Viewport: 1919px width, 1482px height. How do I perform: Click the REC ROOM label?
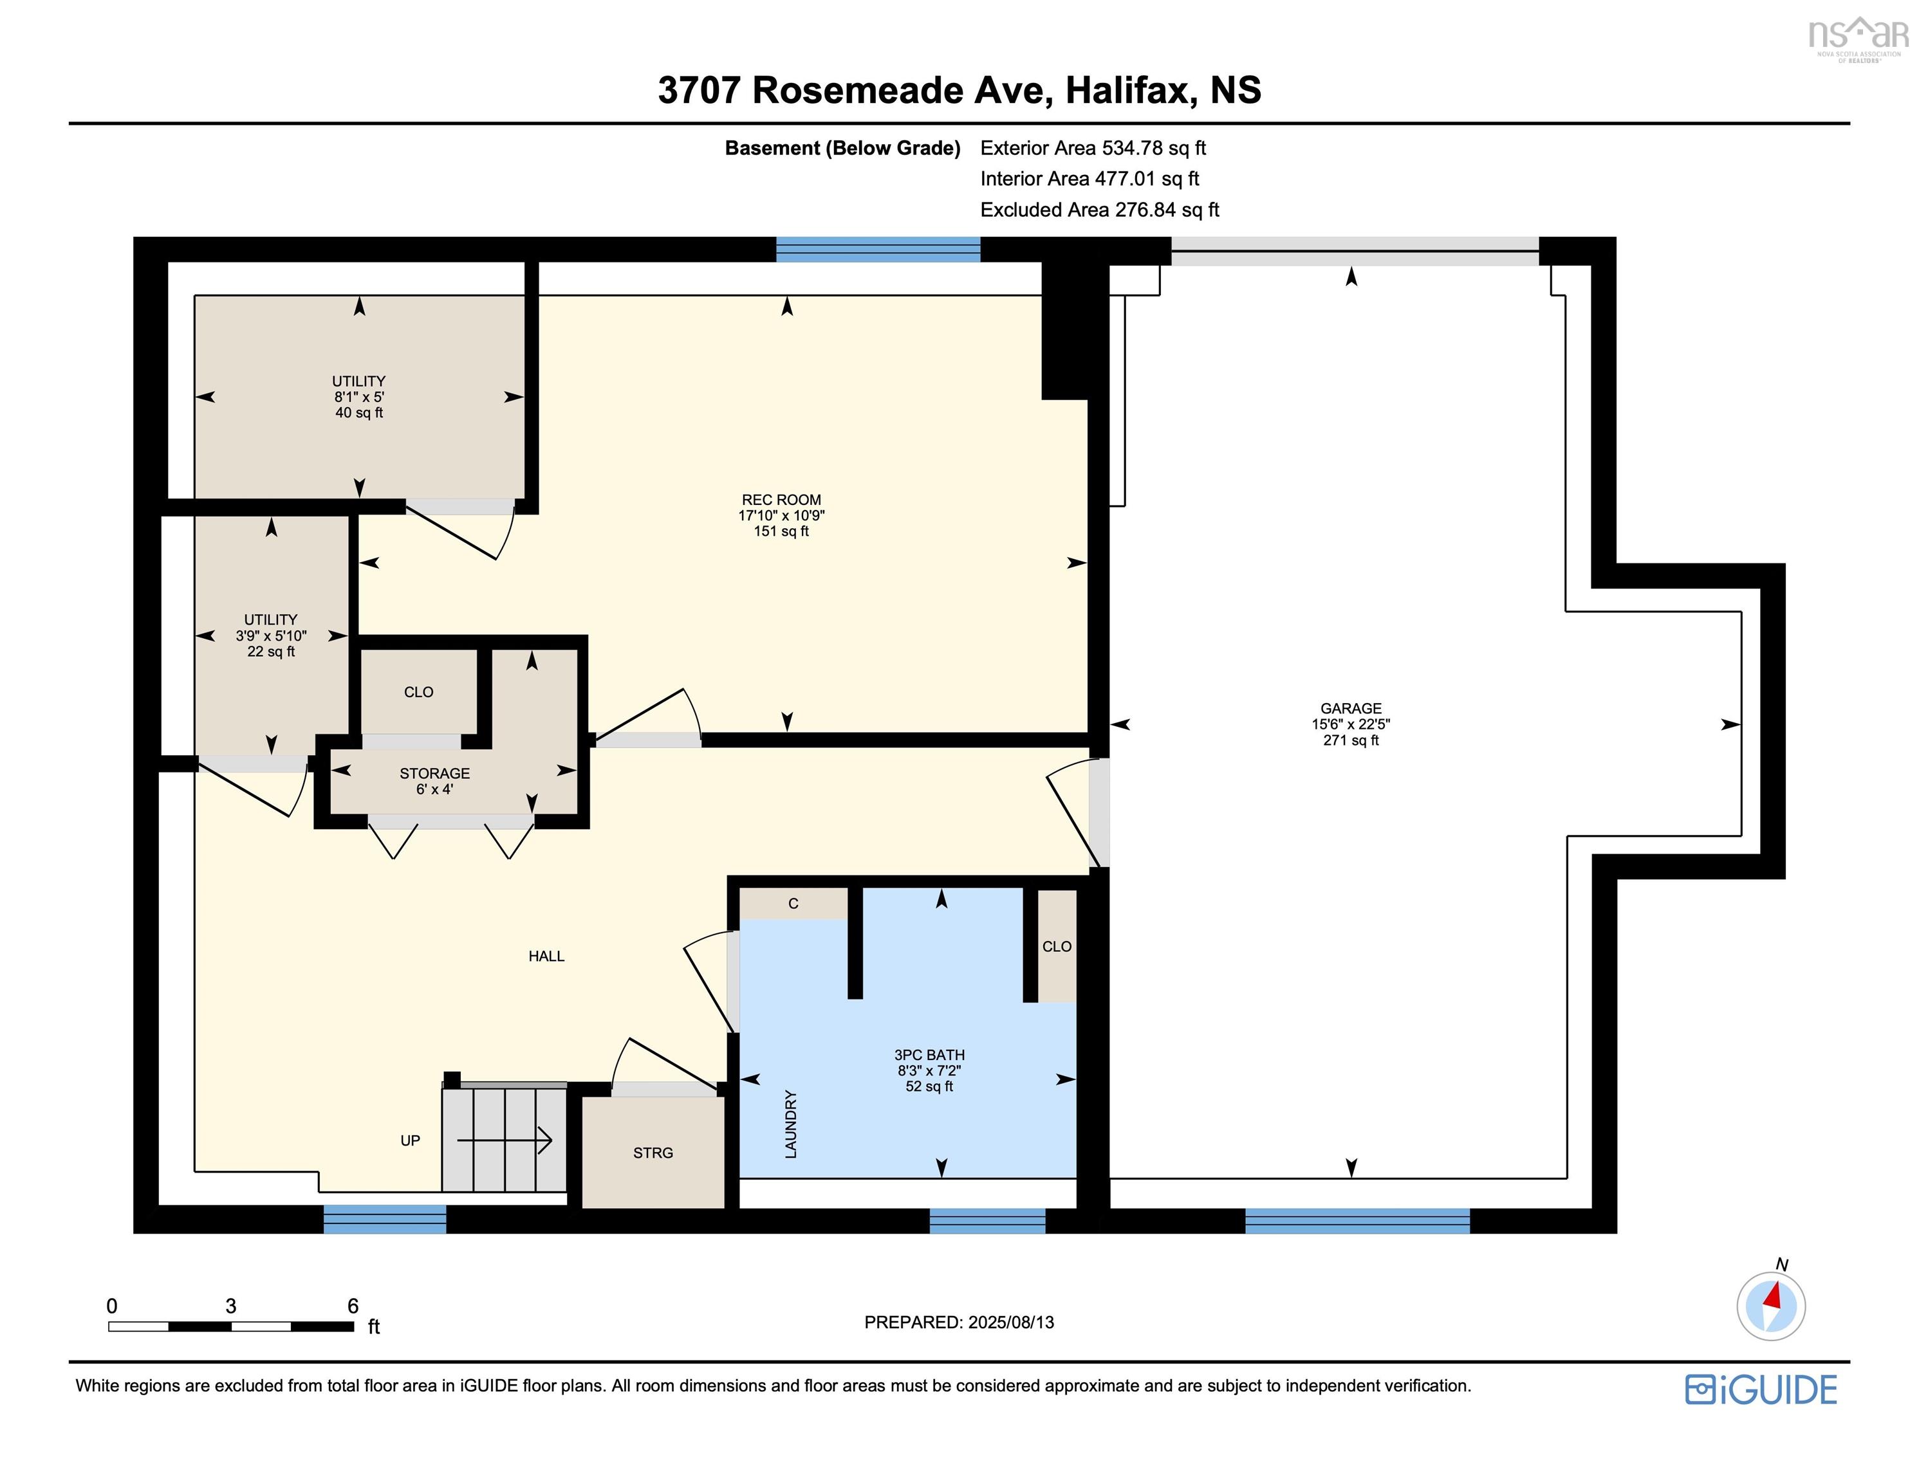[x=781, y=500]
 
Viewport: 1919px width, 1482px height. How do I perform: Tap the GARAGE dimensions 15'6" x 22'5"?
[x=1351, y=724]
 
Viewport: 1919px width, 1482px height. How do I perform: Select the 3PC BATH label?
[x=929, y=1054]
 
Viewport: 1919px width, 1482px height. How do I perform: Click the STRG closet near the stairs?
[x=653, y=1153]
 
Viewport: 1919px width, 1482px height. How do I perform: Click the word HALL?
[x=546, y=956]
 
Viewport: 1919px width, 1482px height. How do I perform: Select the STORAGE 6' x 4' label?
[x=434, y=781]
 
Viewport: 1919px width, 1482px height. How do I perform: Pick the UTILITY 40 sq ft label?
[x=358, y=396]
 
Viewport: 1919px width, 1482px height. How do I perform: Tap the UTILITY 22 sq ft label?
[x=271, y=635]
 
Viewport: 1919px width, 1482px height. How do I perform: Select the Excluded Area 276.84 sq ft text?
[x=1099, y=210]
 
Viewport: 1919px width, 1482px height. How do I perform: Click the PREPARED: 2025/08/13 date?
[x=959, y=1322]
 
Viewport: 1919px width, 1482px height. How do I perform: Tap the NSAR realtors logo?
[x=1857, y=37]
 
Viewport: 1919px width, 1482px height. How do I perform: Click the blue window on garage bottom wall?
[x=1357, y=1220]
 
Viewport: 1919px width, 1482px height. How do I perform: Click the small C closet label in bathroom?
[x=793, y=903]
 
